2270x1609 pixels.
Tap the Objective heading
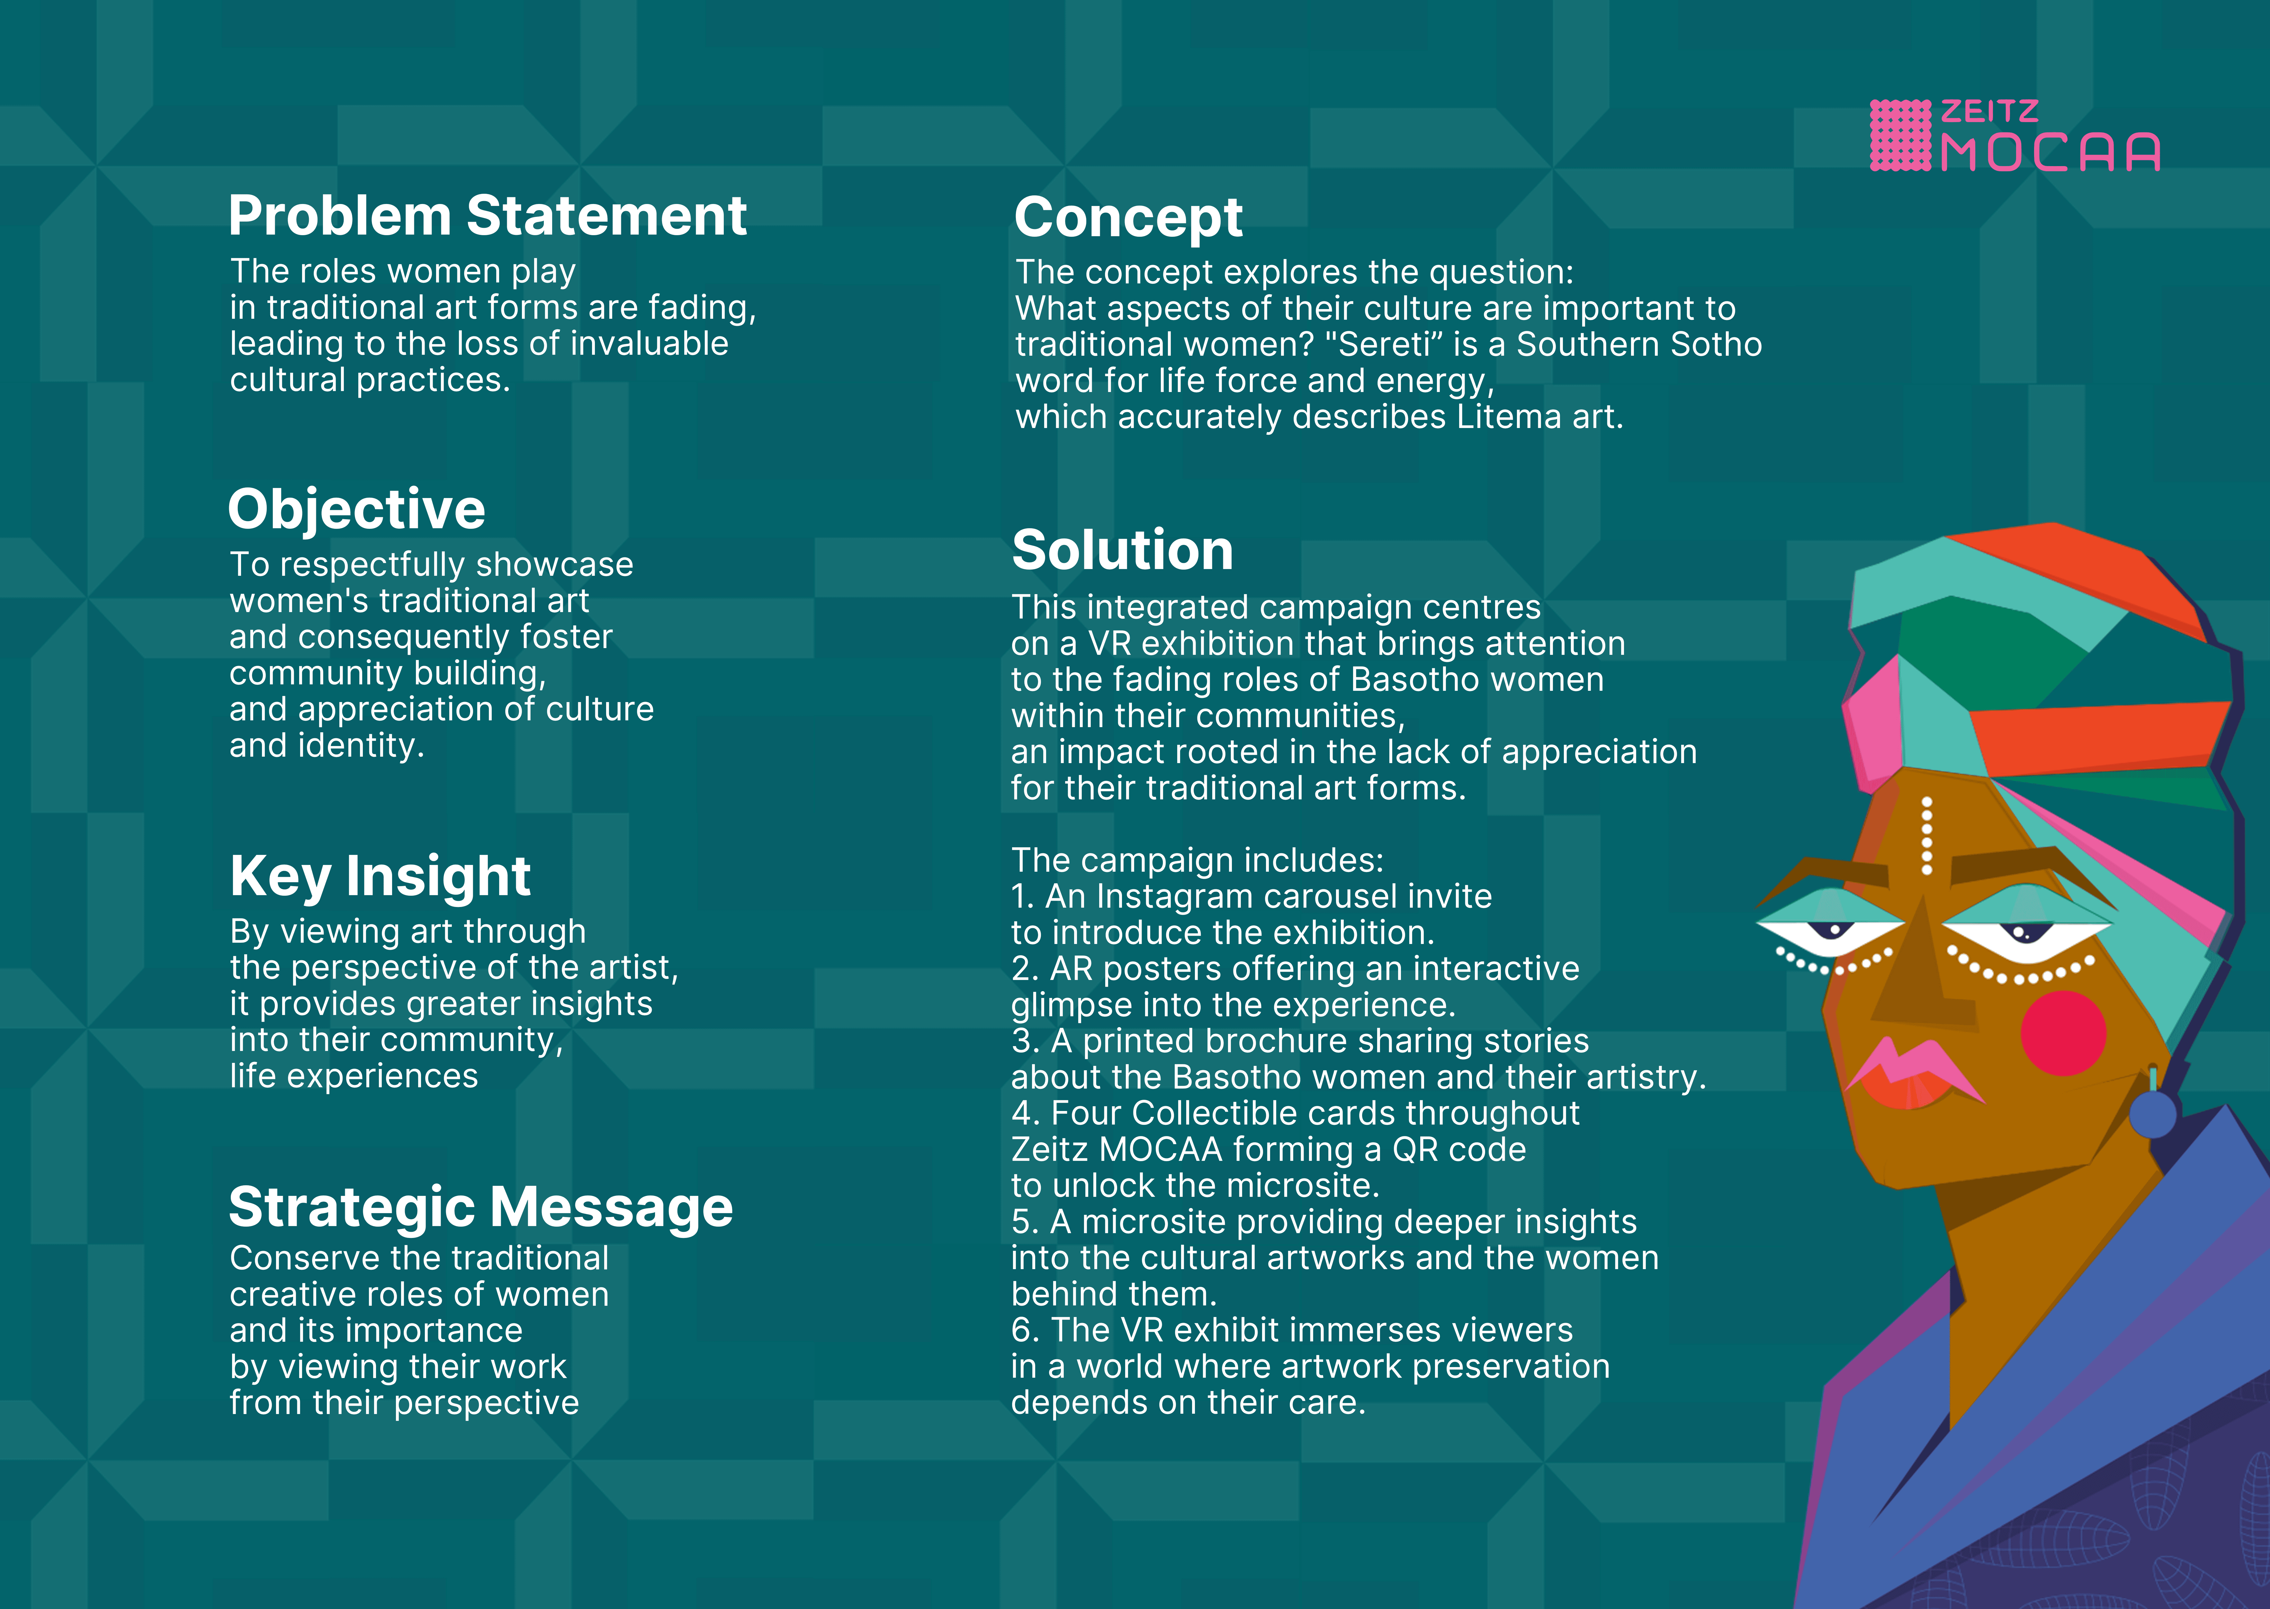point(357,509)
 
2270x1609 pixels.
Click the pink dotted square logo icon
point(1899,136)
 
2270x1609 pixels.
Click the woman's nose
point(1920,991)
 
